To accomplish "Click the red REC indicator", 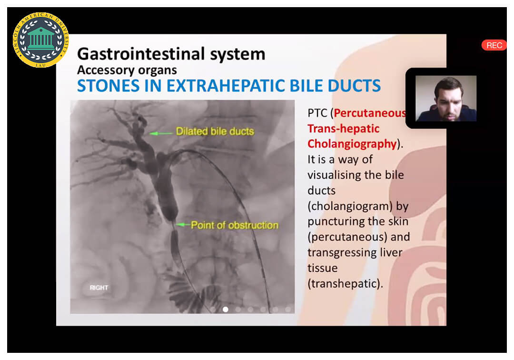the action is (x=494, y=45).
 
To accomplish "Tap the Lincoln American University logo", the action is (x=40, y=40).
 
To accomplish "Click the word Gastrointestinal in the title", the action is (x=141, y=54).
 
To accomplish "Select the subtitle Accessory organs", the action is (x=127, y=70).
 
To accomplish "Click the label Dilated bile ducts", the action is (x=215, y=131).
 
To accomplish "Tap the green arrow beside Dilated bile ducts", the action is (x=161, y=133).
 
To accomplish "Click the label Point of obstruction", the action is (x=235, y=225).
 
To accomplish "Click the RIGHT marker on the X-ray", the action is (x=99, y=288).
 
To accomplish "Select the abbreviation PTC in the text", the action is (x=317, y=113).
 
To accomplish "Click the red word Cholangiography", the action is (x=352, y=144).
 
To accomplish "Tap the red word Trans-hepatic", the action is (x=343, y=129).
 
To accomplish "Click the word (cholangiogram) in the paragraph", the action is (x=350, y=206).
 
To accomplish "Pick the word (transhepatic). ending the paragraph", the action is (x=345, y=284).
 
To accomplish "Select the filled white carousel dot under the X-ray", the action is (x=226, y=309).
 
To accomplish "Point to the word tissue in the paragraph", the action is (x=322, y=268).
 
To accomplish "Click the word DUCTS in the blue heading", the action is (x=354, y=86).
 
